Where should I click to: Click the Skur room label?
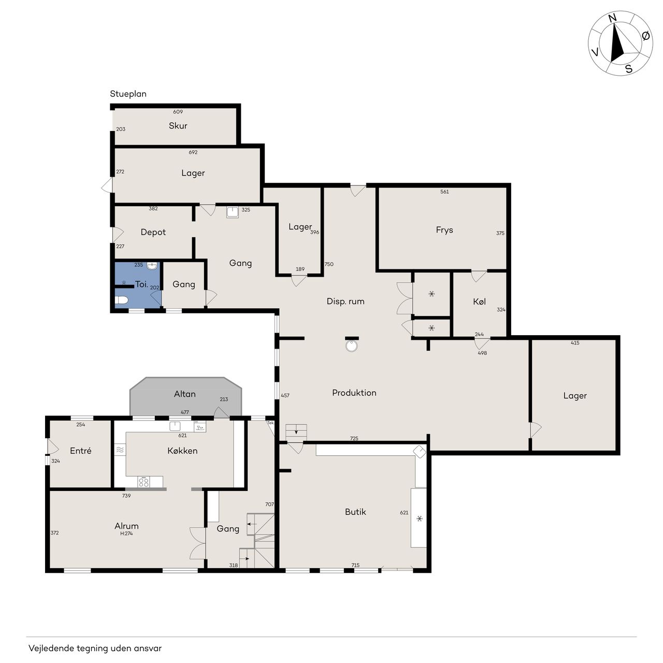[178, 125]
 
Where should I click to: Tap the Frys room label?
[444, 230]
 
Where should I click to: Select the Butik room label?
[355, 512]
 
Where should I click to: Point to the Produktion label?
[354, 393]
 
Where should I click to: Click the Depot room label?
[153, 232]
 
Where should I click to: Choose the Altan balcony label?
[185, 394]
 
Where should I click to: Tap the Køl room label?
[479, 302]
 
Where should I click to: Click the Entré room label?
[80, 451]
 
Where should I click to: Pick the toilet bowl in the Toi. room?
[121, 300]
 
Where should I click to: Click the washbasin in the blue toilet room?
[152, 265]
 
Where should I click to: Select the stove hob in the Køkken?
[143, 482]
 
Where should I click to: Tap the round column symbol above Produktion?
[351, 346]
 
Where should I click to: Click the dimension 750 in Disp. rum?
[329, 264]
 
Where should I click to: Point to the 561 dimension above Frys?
[444, 192]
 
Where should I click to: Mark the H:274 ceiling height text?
[126, 534]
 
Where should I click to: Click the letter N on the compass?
[612, 18]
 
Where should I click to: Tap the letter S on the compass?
[629, 69]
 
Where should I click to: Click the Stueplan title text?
[128, 94]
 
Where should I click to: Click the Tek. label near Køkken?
[270, 423]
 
